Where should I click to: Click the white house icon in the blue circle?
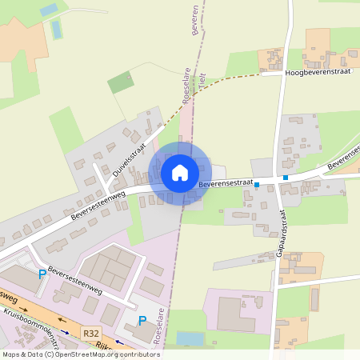(x=179, y=172)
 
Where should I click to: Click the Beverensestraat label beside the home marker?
(x=226, y=183)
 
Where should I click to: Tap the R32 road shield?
(x=91, y=332)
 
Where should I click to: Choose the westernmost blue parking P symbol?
(x=42, y=274)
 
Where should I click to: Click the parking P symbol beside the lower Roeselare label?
(x=142, y=321)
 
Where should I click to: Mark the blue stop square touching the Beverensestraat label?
(x=257, y=184)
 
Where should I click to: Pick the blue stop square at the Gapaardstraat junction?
(x=285, y=178)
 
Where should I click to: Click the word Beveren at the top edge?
(x=194, y=18)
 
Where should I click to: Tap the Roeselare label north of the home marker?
(x=186, y=88)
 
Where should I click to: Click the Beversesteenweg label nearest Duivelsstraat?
(x=98, y=204)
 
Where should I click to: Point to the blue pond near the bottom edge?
(x=190, y=339)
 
